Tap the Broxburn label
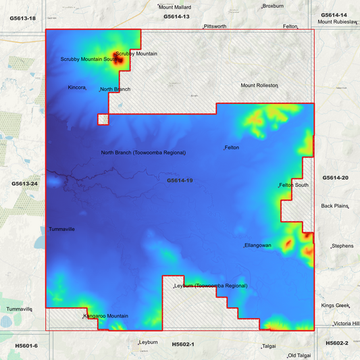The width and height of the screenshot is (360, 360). [x=274, y=5]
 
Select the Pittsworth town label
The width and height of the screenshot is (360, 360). [x=215, y=26]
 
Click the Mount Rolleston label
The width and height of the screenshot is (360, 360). [x=259, y=86]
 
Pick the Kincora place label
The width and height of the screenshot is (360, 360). [x=77, y=88]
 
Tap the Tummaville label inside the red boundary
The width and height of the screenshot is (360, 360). [x=61, y=230]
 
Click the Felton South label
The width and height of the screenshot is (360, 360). [x=294, y=185]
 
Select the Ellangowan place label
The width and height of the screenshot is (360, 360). [x=258, y=245]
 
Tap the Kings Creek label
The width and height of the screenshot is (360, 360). [x=336, y=306]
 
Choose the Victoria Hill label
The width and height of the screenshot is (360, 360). [x=346, y=324]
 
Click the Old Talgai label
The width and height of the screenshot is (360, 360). [x=301, y=355]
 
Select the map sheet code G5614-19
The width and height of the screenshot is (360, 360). [x=180, y=181]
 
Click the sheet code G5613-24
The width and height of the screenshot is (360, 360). [x=24, y=184]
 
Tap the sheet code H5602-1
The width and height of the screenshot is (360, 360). [x=183, y=344]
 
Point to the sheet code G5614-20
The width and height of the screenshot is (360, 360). [x=335, y=178]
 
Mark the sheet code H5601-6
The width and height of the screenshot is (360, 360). [x=26, y=346]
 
